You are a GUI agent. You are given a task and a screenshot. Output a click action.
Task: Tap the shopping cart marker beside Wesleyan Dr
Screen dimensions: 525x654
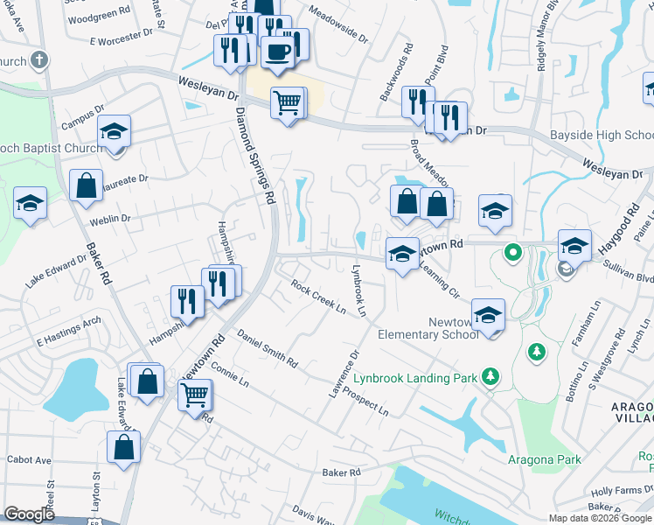[288, 104]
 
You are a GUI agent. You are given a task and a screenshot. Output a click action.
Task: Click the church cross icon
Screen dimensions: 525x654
[38, 60]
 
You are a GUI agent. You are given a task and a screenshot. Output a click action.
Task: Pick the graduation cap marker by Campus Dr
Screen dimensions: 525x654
[114, 132]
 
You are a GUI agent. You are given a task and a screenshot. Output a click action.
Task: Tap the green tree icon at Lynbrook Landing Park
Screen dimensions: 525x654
[491, 376]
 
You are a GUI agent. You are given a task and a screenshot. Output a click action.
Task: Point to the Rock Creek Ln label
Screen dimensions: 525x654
[319, 297]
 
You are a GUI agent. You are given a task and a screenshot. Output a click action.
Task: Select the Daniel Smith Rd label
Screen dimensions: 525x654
[267, 348]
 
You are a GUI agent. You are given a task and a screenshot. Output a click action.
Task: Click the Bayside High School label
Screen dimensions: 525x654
[602, 136]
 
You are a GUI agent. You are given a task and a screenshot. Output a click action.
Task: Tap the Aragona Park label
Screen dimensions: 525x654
[533, 458]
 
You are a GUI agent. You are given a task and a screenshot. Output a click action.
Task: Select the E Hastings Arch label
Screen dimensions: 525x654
[68, 329]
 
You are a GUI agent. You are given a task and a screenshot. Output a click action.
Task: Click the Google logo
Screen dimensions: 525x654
[29, 514]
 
